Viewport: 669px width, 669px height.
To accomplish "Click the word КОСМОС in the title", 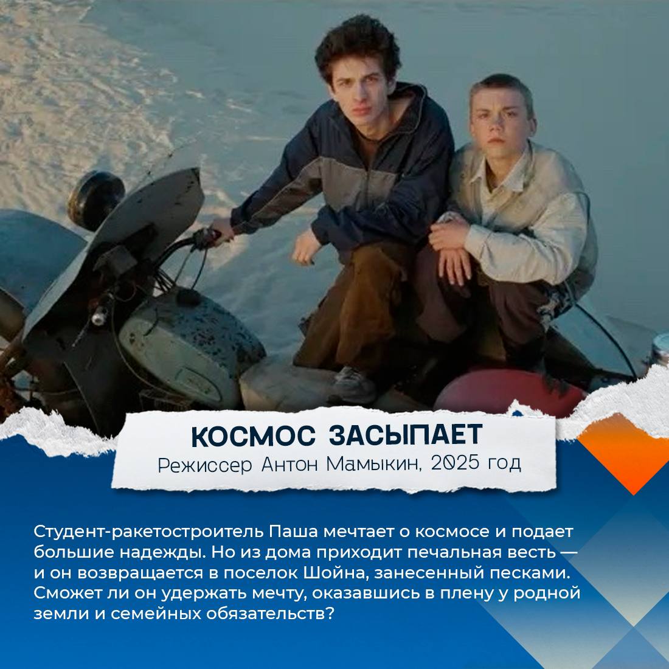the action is (253, 436).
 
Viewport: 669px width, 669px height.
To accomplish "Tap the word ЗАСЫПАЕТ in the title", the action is (406, 435).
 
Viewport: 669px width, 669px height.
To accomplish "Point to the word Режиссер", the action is (205, 465).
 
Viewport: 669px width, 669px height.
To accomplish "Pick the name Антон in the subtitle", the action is (289, 464).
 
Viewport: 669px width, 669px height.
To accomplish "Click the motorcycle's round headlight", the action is (95, 200).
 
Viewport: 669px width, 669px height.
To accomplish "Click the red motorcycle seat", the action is (510, 392).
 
